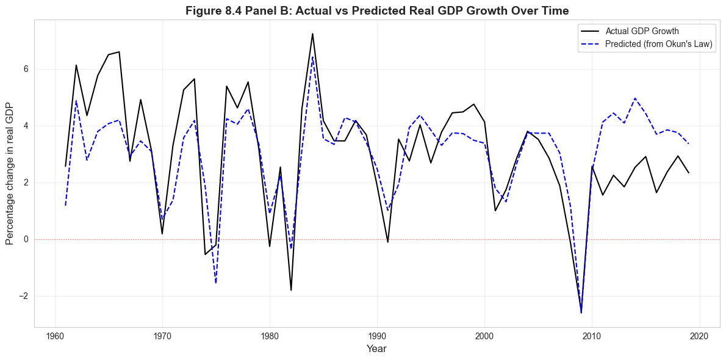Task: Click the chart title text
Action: [377, 10]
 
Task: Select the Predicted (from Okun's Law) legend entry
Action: [659, 44]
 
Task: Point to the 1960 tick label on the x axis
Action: [56, 336]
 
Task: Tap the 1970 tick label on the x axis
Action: [162, 336]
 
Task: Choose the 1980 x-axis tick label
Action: [270, 336]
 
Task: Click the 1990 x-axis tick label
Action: [377, 336]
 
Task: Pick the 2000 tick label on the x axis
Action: [484, 336]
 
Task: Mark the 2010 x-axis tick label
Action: [592, 336]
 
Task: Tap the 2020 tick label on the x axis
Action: [699, 336]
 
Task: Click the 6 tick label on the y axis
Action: [26, 69]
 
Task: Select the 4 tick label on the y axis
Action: [26, 126]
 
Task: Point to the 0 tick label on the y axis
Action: [26, 239]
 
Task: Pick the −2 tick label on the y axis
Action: [24, 296]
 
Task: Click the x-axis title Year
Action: [376, 348]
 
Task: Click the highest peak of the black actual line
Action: [312, 34]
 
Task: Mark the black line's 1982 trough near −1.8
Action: [291, 290]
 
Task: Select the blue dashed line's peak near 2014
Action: [634, 98]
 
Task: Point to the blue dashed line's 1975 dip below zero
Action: [216, 283]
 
